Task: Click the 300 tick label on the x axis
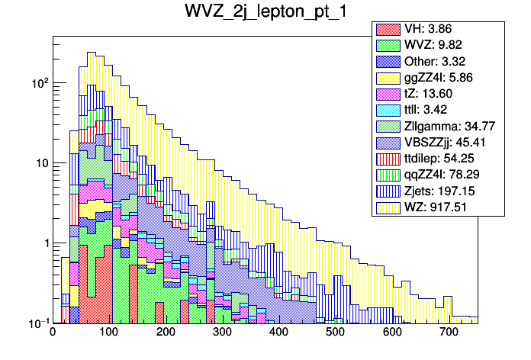coord(222,333)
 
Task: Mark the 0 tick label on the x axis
coord(53,333)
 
